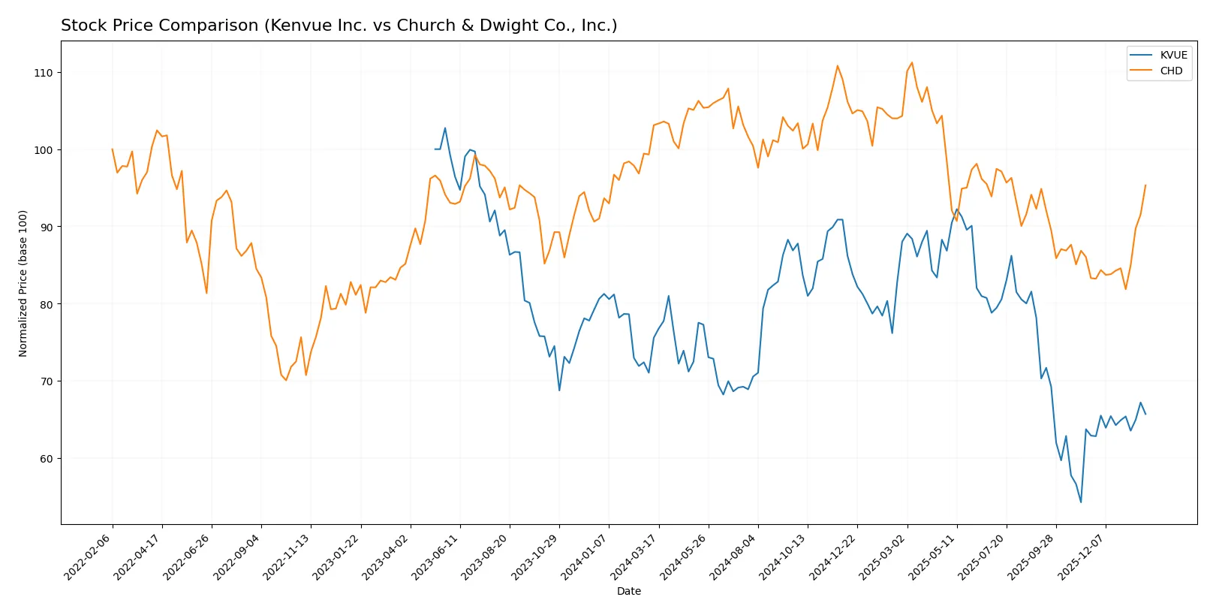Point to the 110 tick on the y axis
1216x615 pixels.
click(x=44, y=73)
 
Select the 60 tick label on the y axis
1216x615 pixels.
click(x=44, y=459)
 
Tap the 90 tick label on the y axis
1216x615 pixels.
click(x=44, y=227)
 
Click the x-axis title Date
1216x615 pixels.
click(x=628, y=591)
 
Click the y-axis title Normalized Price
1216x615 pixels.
click(x=23, y=283)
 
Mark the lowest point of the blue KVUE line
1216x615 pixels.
click(x=1081, y=502)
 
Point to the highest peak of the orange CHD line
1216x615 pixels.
click(x=911, y=62)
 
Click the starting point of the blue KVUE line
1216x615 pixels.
click(x=435, y=149)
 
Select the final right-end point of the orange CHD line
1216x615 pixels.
click(x=1145, y=185)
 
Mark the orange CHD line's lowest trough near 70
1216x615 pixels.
click(x=286, y=380)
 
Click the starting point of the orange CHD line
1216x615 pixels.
click(x=113, y=149)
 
